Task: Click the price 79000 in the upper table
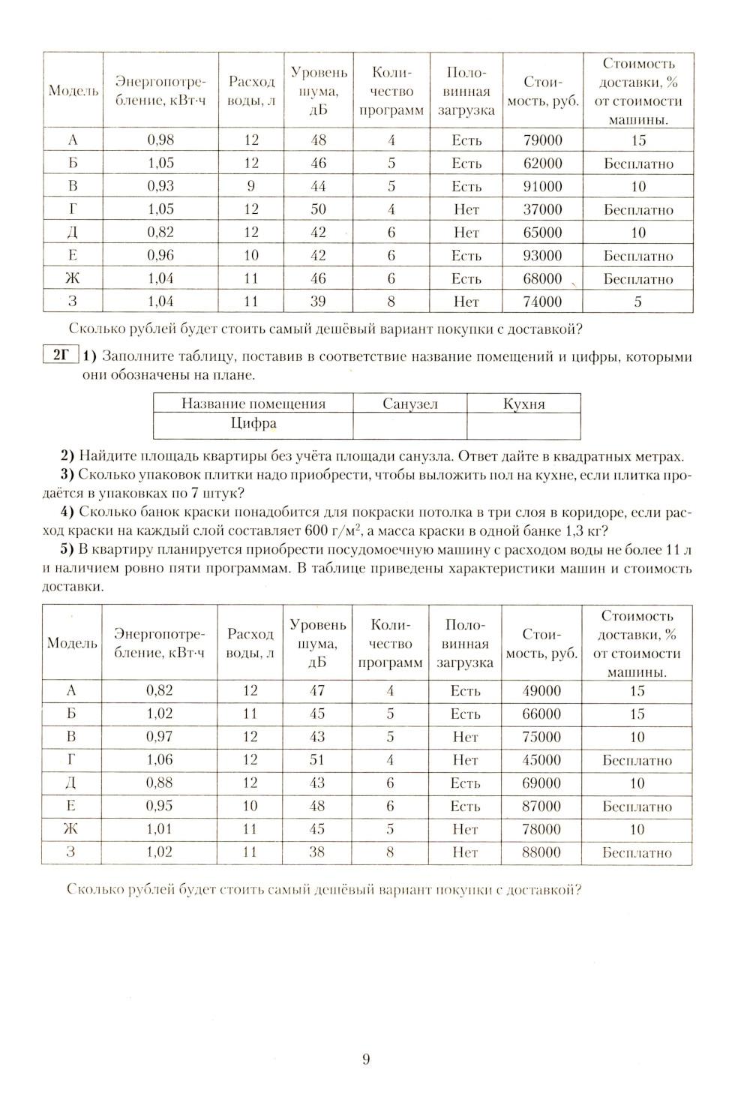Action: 542,140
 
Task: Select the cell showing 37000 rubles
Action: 542,210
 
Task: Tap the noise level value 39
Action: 319,302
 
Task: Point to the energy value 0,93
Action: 160,187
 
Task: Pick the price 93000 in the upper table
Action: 542,256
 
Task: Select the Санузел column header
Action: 409,404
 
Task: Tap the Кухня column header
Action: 523,404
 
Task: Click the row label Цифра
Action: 253,424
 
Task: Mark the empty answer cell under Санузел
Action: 409,425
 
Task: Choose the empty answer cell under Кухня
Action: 523,425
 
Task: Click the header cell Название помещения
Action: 253,404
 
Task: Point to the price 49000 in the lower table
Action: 541,691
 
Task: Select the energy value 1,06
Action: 160,760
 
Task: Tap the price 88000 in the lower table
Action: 541,852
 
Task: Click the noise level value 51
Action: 317,760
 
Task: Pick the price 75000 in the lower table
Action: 541,737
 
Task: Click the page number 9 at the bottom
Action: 366,1059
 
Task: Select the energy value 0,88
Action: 160,783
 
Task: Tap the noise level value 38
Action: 317,852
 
